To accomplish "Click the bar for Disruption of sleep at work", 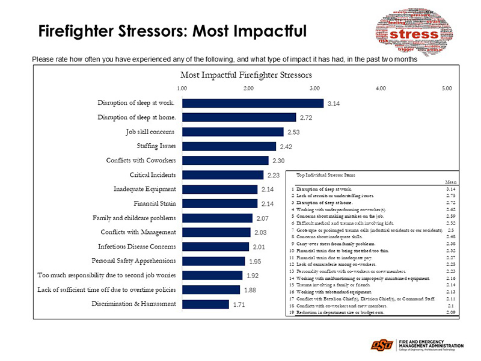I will point(253,103).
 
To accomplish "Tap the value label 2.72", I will point(306,117).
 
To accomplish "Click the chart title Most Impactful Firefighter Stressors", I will point(247,75).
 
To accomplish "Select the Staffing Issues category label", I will point(156,146).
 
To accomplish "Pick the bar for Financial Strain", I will point(219,203).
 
